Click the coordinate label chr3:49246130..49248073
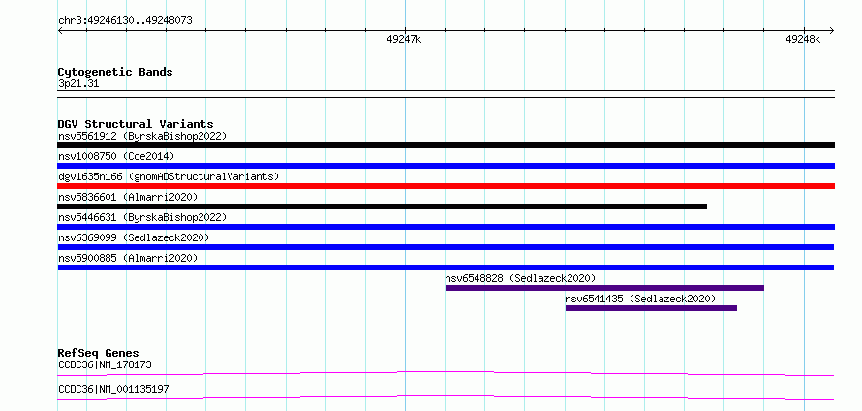pyautogui.click(x=125, y=21)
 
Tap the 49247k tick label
pyautogui.click(x=404, y=39)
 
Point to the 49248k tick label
pyautogui.click(x=803, y=39)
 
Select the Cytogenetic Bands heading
pyautogui.click(x=115, y=72)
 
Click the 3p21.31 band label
pyautogui.click(x=78, y=84)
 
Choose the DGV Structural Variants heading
pyautogui.click(x=136, y=124)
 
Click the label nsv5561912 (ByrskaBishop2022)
pyautogui.click(x=142, y=136)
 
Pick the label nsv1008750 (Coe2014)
pyautogui.click(x=116, y=156)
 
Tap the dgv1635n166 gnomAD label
pyautogui.click(x=169, y=176)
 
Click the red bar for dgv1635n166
pyautogui.click(x=446, y=186)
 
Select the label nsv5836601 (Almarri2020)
pyautogui.click(x=128, y=197)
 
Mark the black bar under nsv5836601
pyautogui.click(x=382, y=206)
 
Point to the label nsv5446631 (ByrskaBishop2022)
pyautogui.click(x=142, y=217)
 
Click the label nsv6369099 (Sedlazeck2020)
pyautogui.click(x=134, y=237)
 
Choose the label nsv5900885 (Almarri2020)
pyautogui.click(x=128, y=258)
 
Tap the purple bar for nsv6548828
pyautogui.click(x=604, y=288)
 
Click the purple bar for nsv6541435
pyautogui.click(x=651, y=308)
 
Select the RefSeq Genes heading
pyautogui.click(x=99, y=353)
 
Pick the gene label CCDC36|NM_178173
pyautogui.click(x=105, y=364)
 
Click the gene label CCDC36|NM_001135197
pyautogui.click(x=113, y=390)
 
